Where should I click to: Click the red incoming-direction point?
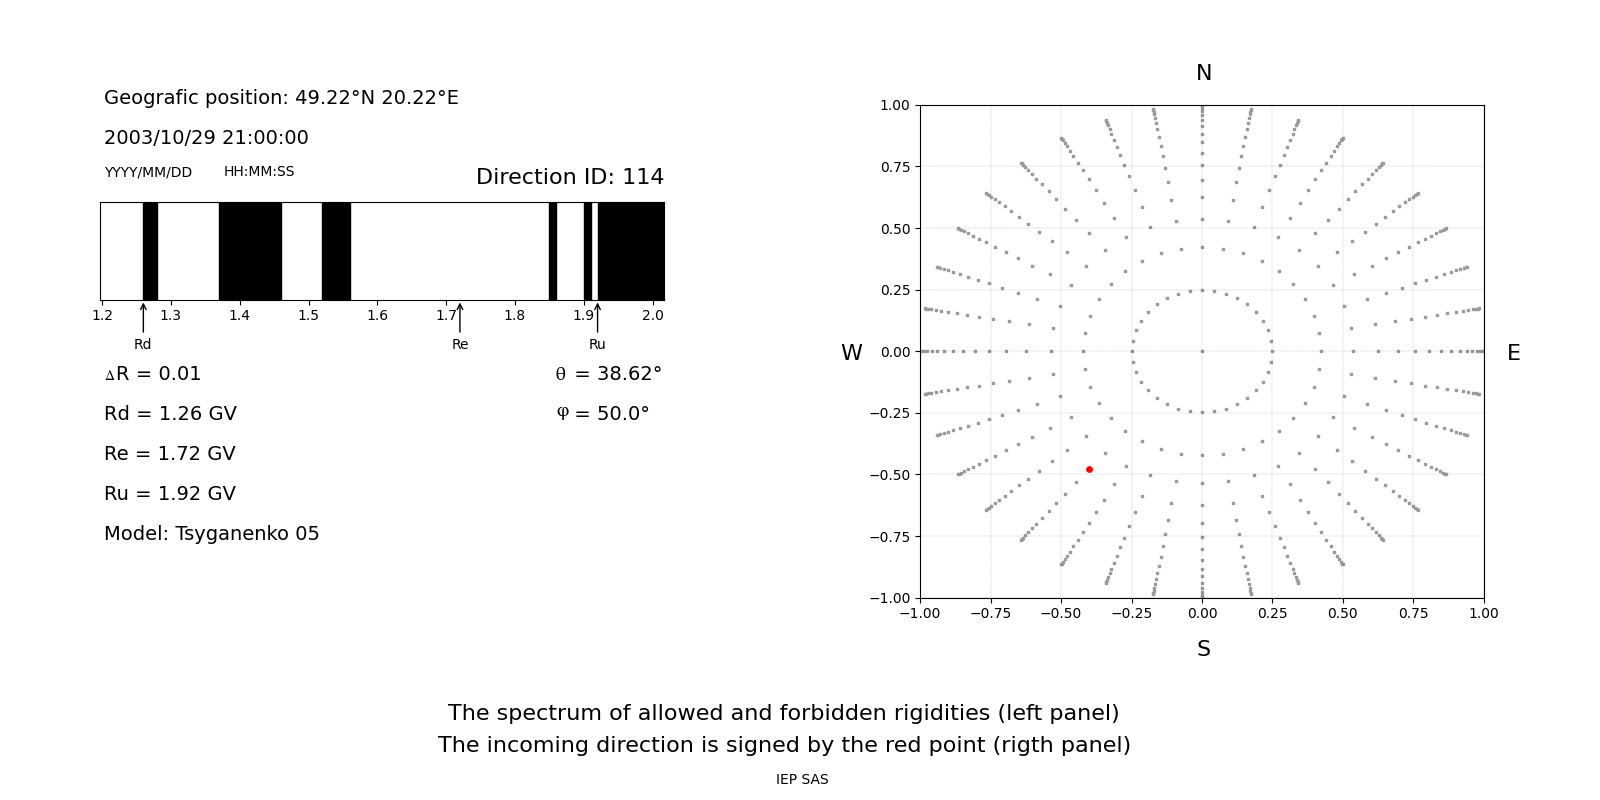click(x=1089, y=469)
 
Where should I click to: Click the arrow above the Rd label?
click(x=143, y=318)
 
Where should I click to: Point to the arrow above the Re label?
click(x=460, y=318)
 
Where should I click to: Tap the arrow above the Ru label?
click(x=597, y=318)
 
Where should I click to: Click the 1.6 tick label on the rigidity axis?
click(x=377, y=316)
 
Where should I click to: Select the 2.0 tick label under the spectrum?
click(x=652, y=316)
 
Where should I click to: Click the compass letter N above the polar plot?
click(x=1203, y=73)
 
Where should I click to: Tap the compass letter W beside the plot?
click(x=851, y=353)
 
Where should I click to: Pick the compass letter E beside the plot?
click(x=1513, y=353)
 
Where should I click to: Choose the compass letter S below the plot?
click(x=1203, y=649)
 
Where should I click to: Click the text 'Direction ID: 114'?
click(x=569, y=177)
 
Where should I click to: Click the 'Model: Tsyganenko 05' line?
click(x=211, y=534)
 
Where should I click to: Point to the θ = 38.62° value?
click(x=608, y=374)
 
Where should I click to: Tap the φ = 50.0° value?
click(x=602, y=414)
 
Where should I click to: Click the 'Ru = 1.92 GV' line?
click(x=169, y=494)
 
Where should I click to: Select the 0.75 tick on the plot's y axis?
click(x=894, y=167)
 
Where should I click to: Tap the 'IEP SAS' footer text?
click(x=801, y=780)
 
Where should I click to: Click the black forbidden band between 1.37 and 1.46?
click(x=250, y=251)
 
